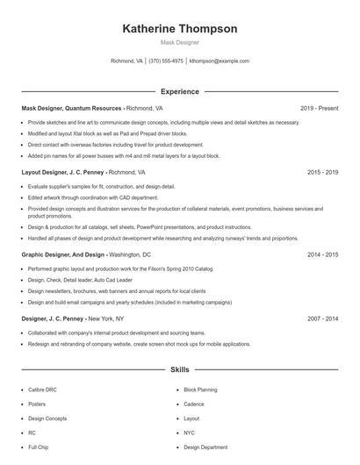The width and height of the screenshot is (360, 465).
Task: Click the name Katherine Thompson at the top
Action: tap(179, 28)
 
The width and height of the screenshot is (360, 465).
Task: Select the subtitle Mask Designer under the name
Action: tap(179, 42)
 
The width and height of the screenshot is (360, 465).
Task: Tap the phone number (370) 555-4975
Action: tap(166, 61)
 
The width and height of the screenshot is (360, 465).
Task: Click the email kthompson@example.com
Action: tap(219, 61)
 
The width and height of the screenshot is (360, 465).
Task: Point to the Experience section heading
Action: tap(179, 91)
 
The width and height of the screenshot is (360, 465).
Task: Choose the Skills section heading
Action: tap(179, 371)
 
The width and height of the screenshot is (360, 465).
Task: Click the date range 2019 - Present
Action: tap(319, 108)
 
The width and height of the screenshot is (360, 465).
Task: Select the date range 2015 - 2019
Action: tap(322, 173)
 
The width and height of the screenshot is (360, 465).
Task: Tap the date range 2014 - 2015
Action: tap(322, 254)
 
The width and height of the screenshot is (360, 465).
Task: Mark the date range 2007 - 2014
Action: tap(322, 319)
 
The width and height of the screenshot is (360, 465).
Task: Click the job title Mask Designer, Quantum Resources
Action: tap(71, 108)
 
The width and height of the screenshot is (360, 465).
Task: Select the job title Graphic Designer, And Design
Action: tap(63, 254)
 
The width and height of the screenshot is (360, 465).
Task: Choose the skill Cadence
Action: tap(193, 404)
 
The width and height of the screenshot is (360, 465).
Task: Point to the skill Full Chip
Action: tap(38, 447)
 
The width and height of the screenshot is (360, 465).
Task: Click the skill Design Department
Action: tap(205, 447)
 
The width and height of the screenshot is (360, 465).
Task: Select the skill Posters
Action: tap(37, 404)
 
